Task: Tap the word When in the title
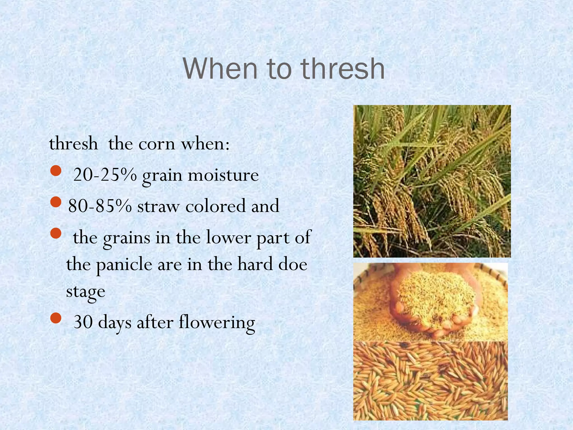pyautogui.click(x=220, y=69)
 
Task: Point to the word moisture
pyautogui.click(x=223, y=175)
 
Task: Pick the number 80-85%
pyautogui.click(x=100, y=206)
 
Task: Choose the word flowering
pyautogui.click(x=217, y=322)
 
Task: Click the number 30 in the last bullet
pyautogui.click(x=83, y=322)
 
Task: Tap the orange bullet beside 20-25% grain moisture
pyautogui.click(x=56, y=171)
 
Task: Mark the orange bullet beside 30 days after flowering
pyautogui.click(x=56, y=318)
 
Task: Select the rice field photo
pyautogui.click(x=432, y=181)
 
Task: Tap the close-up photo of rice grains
pyautogui.click(x=430, y=381)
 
